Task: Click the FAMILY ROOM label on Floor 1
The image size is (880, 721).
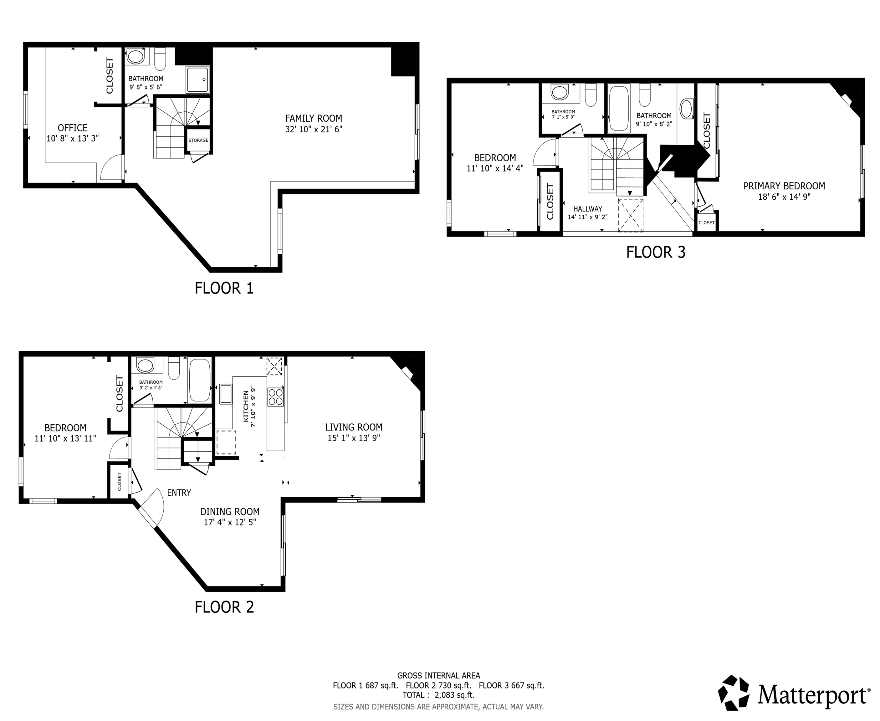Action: (314, 118)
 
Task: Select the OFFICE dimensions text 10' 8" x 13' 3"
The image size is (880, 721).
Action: (73, 139)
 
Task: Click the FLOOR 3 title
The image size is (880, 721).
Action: (655, 253)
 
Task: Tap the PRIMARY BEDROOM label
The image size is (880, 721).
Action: (784, 186)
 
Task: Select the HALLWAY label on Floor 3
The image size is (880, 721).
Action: (587, 209)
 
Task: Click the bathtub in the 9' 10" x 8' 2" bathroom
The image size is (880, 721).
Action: (619, 109)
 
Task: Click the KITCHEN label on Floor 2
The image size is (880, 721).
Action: (246, 406)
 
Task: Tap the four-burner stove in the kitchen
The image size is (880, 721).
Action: (275, 396)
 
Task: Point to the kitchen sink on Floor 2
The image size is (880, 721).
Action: (226, 394)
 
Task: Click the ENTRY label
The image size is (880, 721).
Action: (179, 493)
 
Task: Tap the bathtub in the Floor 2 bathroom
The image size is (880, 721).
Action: (200, 380)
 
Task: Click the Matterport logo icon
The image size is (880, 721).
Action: (734, 693)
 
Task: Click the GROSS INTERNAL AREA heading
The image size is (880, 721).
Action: (438, 676)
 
